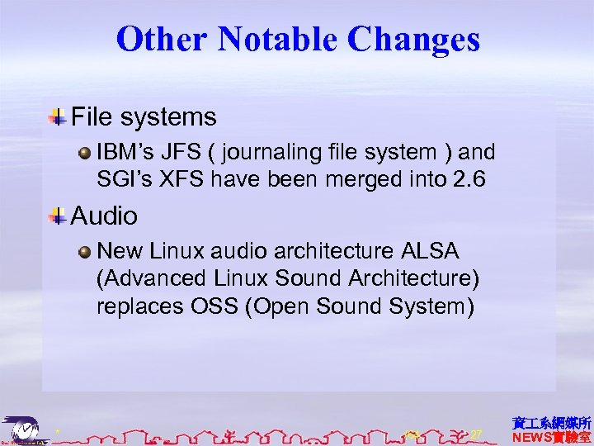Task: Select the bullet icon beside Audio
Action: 58,216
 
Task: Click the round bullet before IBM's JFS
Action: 84,153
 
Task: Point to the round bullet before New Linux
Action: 84,251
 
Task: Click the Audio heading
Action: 104,216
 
